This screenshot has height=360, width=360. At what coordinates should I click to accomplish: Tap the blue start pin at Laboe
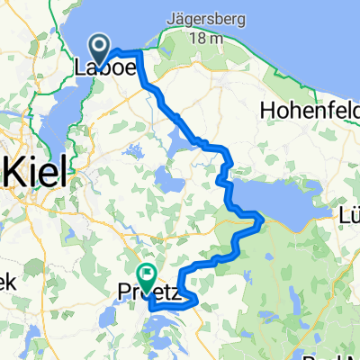click(98, 45)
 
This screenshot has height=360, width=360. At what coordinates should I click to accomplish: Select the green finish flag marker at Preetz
click(145, 273)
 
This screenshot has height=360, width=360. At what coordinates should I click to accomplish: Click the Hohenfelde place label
click(309, 111)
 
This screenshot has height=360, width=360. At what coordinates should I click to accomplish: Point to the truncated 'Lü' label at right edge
click(348, 212)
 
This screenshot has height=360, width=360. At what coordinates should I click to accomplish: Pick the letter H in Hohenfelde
click(265, 111)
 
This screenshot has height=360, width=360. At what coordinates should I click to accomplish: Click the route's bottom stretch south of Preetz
click(171, 308)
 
